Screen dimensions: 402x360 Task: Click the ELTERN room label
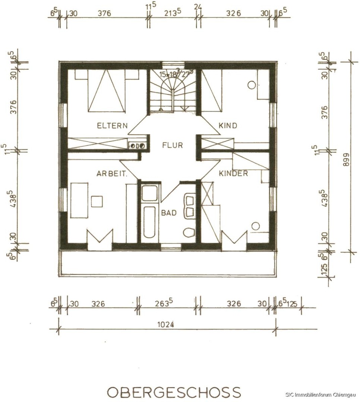click(112, 126)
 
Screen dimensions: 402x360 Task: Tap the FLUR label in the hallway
click(173, 145)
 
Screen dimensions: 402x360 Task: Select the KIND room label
click(228, 126)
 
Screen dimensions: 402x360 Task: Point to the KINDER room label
click(233, 173)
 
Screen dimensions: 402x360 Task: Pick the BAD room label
click(169, 213)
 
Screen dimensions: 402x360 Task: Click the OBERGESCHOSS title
click(174, 392)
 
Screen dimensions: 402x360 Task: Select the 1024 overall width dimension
click(165, 325)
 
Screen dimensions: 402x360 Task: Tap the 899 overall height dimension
click(346, 159)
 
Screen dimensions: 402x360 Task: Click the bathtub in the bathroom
click(150, 222)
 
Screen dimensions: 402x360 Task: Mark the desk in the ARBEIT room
click(79, 200)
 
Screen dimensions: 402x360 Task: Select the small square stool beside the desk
click(97, 201)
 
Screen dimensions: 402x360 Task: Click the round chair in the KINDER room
click(256, 226)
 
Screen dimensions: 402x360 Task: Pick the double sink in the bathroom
click(189, 207)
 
